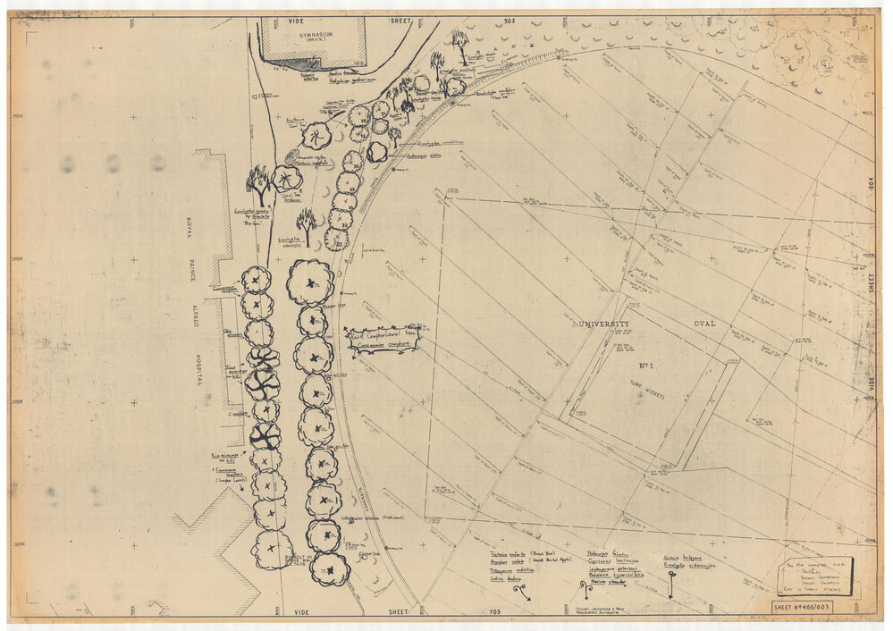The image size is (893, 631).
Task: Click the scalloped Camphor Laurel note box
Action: [x=383, y=338]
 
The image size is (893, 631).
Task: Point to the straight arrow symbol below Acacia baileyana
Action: [x=671, y=585]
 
